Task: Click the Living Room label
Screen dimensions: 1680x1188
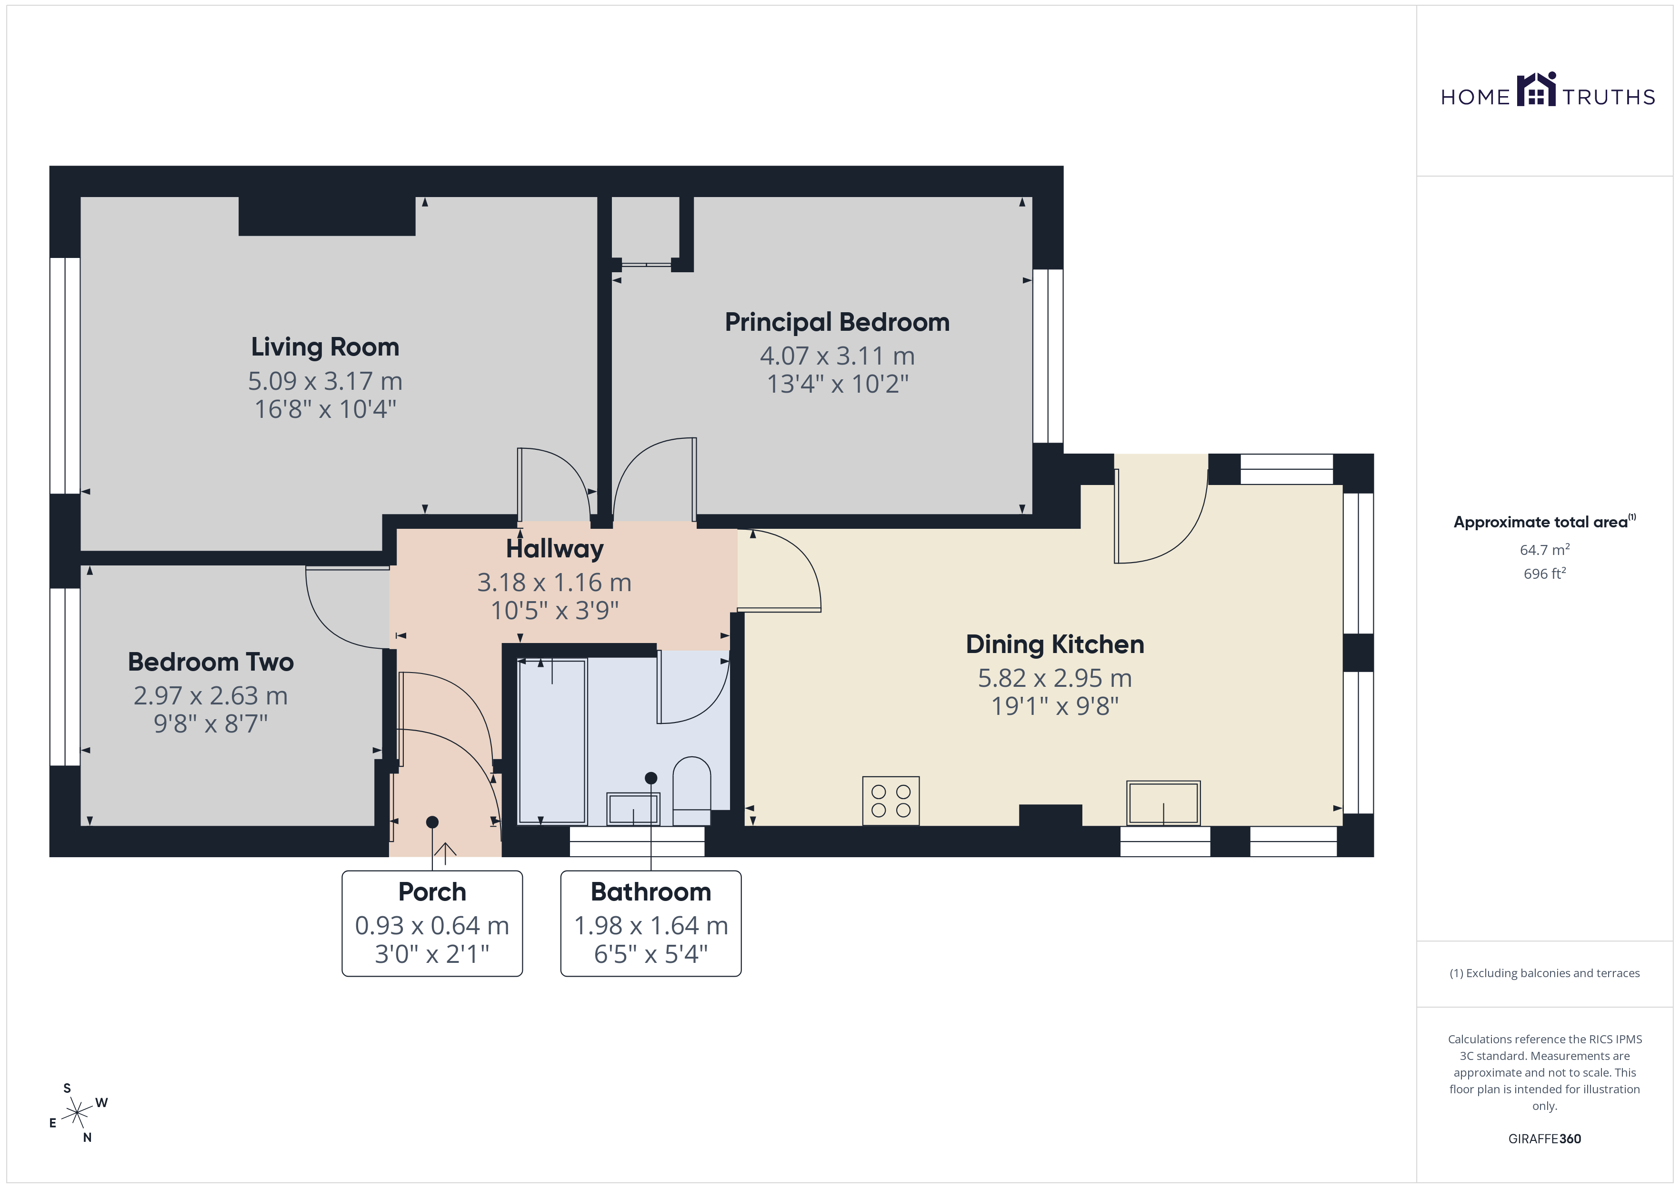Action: (x=325, y=347)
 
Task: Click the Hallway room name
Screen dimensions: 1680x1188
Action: (x=555, y=549)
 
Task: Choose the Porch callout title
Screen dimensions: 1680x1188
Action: (x=432, y=892)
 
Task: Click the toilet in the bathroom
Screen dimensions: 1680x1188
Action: (x=691, y=791)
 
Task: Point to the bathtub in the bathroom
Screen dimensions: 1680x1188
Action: (x=552, y=741)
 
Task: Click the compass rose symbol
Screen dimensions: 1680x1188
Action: (x=77, y=1113)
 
